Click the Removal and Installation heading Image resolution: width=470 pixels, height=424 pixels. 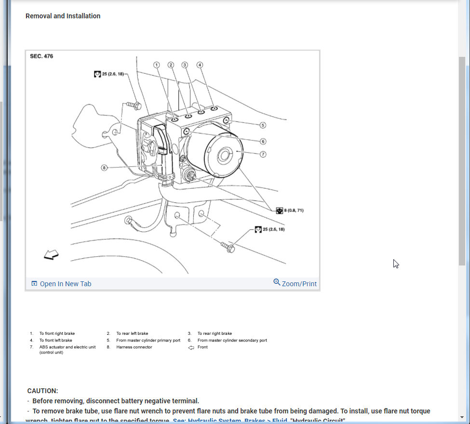point(63,16)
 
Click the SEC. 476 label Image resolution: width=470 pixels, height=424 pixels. point(41,56)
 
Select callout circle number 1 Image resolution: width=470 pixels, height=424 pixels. point(157,65)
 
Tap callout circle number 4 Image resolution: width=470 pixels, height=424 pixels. point(200,65)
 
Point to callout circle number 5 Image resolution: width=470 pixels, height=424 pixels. point(263,125)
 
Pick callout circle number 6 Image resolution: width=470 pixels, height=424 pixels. point(263,141)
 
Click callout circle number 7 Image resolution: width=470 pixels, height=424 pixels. point(263,154)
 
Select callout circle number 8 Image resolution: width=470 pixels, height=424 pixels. point(104,168)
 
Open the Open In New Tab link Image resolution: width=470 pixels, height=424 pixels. point(61,284)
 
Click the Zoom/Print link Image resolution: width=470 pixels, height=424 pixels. point(295,283)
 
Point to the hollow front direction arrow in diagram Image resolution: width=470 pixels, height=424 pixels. point(51,254)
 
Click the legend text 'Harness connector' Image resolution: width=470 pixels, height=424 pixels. point(134,347)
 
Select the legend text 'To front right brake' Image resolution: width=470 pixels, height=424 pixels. point(57,333)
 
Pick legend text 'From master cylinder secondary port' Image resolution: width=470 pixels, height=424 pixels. point(232,340)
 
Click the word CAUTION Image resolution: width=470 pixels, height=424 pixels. point(42,391)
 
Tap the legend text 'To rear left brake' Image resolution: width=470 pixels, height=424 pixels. point(132,333)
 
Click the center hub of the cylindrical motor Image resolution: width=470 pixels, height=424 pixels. point(224,155)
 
